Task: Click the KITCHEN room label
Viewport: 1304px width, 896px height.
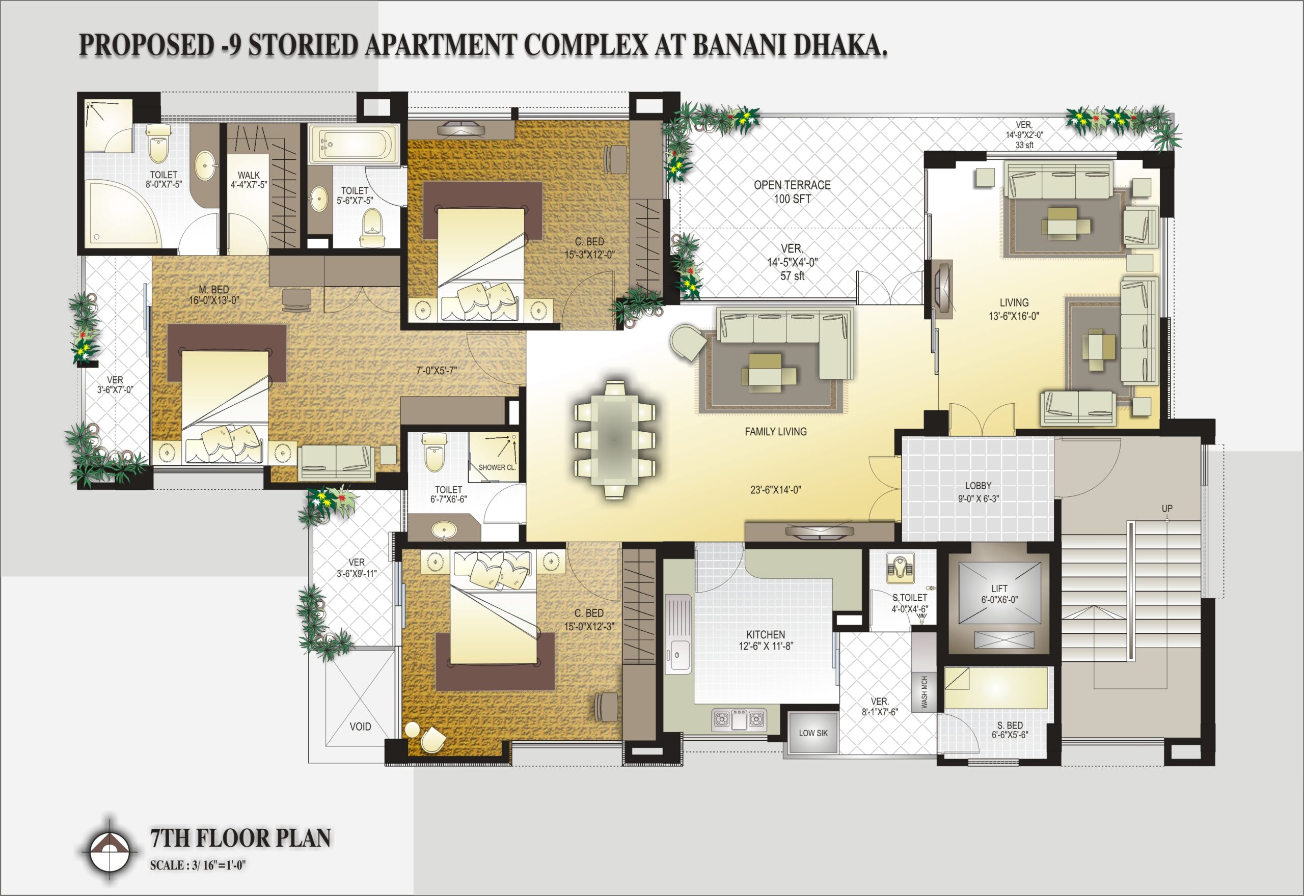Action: (x=766, y=634)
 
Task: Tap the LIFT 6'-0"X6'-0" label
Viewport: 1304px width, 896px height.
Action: (x=999, y=594)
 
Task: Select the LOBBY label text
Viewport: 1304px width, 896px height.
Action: (x=979, y=486)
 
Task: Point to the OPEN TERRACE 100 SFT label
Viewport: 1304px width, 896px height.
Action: (x=792, y=191)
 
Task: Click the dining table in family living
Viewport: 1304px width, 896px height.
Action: (x=614, y=439)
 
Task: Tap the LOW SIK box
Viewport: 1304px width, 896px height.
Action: (x=812, y=733)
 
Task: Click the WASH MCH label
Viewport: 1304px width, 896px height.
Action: (x=924, y=692)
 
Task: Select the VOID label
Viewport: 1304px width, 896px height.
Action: (x=360, y=726)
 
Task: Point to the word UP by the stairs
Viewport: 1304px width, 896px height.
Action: (x=1167, y=509)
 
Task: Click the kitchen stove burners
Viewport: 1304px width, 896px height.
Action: (x=739, y=719)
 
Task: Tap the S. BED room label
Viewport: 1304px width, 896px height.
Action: (x=1010, y=725)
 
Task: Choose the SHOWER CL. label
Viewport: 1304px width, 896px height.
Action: (x=497, y=467)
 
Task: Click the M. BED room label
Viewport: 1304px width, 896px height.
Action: (x=214, y=290)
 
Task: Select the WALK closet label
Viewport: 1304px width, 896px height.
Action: (x=249, y=175)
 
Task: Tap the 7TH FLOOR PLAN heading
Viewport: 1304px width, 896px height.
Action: (x=240, y=837)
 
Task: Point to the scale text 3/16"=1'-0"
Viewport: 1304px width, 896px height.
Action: (x=219, y=865)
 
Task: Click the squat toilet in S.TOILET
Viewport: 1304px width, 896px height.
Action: (x=900, y=568)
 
